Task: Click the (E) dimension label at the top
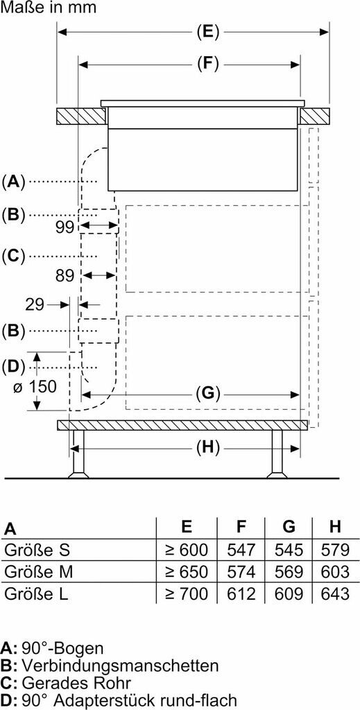208,32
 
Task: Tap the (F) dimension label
208,64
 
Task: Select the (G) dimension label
208,394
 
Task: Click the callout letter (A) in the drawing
13,182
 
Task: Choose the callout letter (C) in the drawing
13,257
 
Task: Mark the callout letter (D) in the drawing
13,366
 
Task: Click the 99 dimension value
65,227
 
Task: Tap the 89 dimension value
65,275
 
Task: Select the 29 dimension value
35,305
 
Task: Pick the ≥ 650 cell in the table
187,571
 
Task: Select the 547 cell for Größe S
241,550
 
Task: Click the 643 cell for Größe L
334,594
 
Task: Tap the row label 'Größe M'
38,571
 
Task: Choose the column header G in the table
289,527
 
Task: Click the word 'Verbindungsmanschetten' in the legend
120,666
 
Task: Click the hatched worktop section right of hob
314,116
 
